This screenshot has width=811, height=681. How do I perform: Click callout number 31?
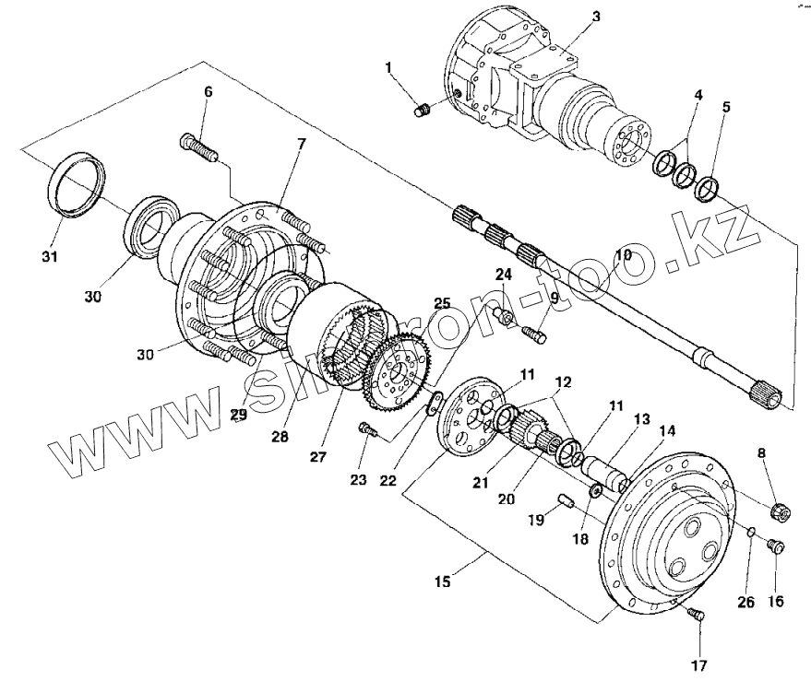tap(51, 255)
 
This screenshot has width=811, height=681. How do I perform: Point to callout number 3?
tap(595, 17)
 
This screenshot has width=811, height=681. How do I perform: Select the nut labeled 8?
tap(779, 510)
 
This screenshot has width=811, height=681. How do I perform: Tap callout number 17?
tap(698, 664)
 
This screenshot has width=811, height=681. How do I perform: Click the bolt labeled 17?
tap(698, 617)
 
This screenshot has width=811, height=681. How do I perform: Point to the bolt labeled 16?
tap(776, 548)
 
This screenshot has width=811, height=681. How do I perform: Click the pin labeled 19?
tap(567, 501)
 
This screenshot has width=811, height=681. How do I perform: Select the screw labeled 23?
tap(369, 430)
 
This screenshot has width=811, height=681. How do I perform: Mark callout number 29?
tap(239, 416)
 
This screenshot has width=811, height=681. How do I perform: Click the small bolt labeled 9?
tap(532, 335)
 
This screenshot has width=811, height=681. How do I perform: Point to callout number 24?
tap(502, 274)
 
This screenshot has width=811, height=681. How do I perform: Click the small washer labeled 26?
tap(751, 532)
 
